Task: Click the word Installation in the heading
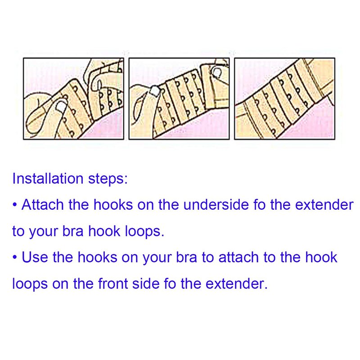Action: (x=48, y=178)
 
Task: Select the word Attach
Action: (x=42, y=205)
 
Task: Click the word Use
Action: (x=35, y=257)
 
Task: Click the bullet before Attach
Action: (x=15, y=205)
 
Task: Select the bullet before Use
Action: (x=15, y=257)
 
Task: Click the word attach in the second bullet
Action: (x=238, y=257)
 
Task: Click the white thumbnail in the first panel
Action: (x=61, y=106)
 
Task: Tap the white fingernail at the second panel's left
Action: (x=154, y=91)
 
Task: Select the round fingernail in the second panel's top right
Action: (x=217, y=73)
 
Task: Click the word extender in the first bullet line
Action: (x=324, y=205)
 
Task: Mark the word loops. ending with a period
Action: (x=144, y=231)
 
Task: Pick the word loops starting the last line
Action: (x=30, y=284)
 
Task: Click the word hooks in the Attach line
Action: (x=113, y=205)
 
